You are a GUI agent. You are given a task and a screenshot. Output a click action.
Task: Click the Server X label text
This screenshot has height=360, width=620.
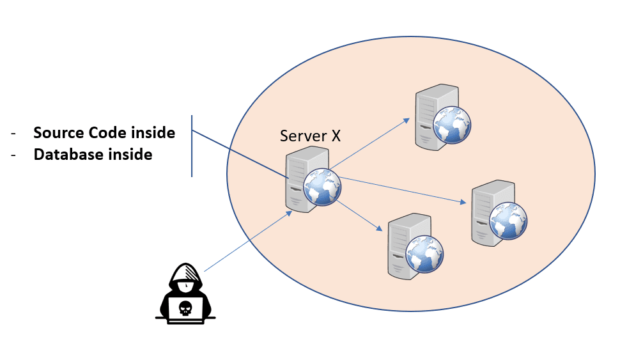point(311,136)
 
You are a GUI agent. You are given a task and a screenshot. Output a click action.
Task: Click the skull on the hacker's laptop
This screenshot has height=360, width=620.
point(185,308)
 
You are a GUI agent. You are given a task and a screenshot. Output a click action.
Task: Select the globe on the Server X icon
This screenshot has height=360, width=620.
point(322,187)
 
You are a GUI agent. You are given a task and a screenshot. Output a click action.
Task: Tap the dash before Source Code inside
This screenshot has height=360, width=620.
point(14,134)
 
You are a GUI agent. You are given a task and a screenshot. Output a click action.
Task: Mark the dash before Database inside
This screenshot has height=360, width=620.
point(14,155)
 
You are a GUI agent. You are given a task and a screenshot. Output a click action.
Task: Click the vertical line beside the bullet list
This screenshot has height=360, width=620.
point(192,146)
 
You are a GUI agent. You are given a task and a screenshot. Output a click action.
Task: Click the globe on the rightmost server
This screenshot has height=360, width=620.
point(509,221)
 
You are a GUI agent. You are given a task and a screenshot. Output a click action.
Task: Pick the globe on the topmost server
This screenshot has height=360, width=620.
point(452,125)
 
